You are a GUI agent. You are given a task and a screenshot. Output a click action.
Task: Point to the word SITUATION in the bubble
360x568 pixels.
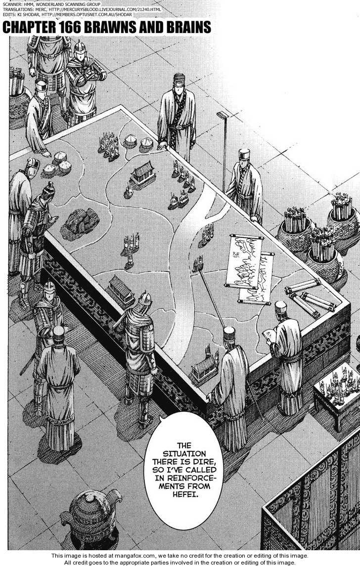coord(183,454)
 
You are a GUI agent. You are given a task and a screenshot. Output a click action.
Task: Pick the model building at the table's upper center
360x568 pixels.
coord(143,174)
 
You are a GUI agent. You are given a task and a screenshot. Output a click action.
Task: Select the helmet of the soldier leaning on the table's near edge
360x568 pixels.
coord(144,298)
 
